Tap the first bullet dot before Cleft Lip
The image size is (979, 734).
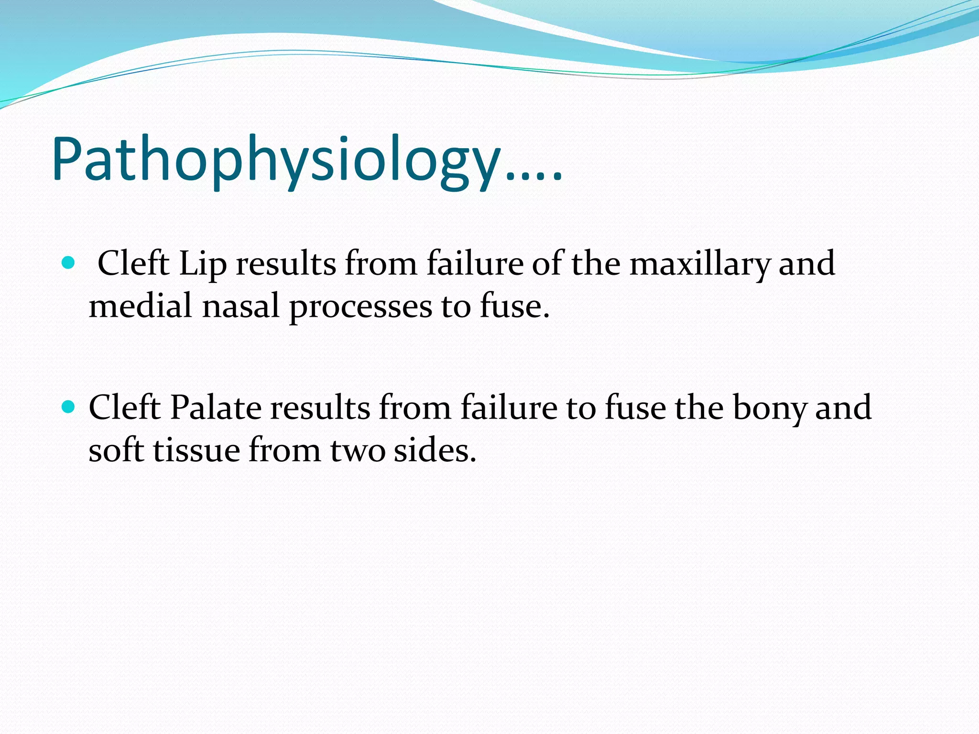pos(69,263)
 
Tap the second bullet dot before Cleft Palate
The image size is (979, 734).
pos(69,407)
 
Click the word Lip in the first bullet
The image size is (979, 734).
pos(202,264)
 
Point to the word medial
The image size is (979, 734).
pos(140,306)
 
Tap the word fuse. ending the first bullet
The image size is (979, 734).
pos(514,306)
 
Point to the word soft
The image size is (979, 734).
pos(116,450)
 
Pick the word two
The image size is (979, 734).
pos(358,451)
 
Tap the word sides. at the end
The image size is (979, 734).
pos(435,450)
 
